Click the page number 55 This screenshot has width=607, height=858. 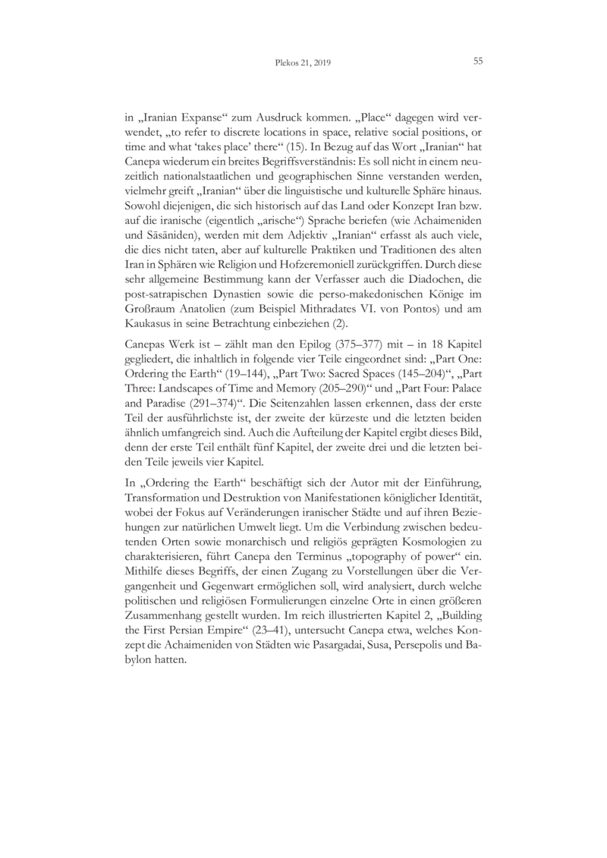tap(478, 61)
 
